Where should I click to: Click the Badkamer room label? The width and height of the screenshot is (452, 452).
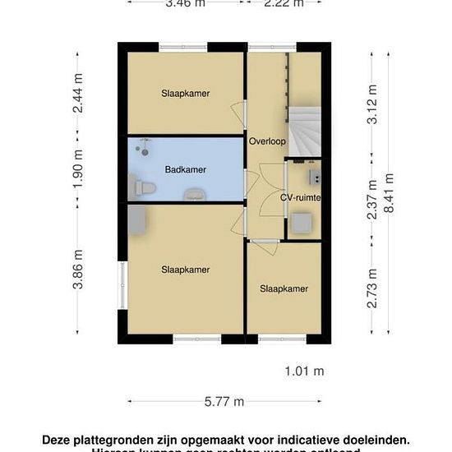[x=185, y=170]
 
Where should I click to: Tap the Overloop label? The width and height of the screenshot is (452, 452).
[x=267, y=141]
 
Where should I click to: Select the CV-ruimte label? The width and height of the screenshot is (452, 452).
[x=300, y=198]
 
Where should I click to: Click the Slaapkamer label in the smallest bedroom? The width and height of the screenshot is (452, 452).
[x=284, y=288]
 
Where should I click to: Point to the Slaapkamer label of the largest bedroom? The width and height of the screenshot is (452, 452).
[x=185, y=270]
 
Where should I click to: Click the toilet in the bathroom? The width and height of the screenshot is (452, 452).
[x=141, y=189]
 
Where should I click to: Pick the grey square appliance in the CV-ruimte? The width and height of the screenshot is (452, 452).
[x=301, y=222]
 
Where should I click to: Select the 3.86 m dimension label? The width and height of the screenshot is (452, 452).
[x=79, y=270]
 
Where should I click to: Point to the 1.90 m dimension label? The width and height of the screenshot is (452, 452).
[x=79, y=170]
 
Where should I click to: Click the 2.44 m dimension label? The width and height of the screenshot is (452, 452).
[x=79, y=93]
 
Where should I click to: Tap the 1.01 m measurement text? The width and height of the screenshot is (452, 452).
[x=304, y=371]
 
